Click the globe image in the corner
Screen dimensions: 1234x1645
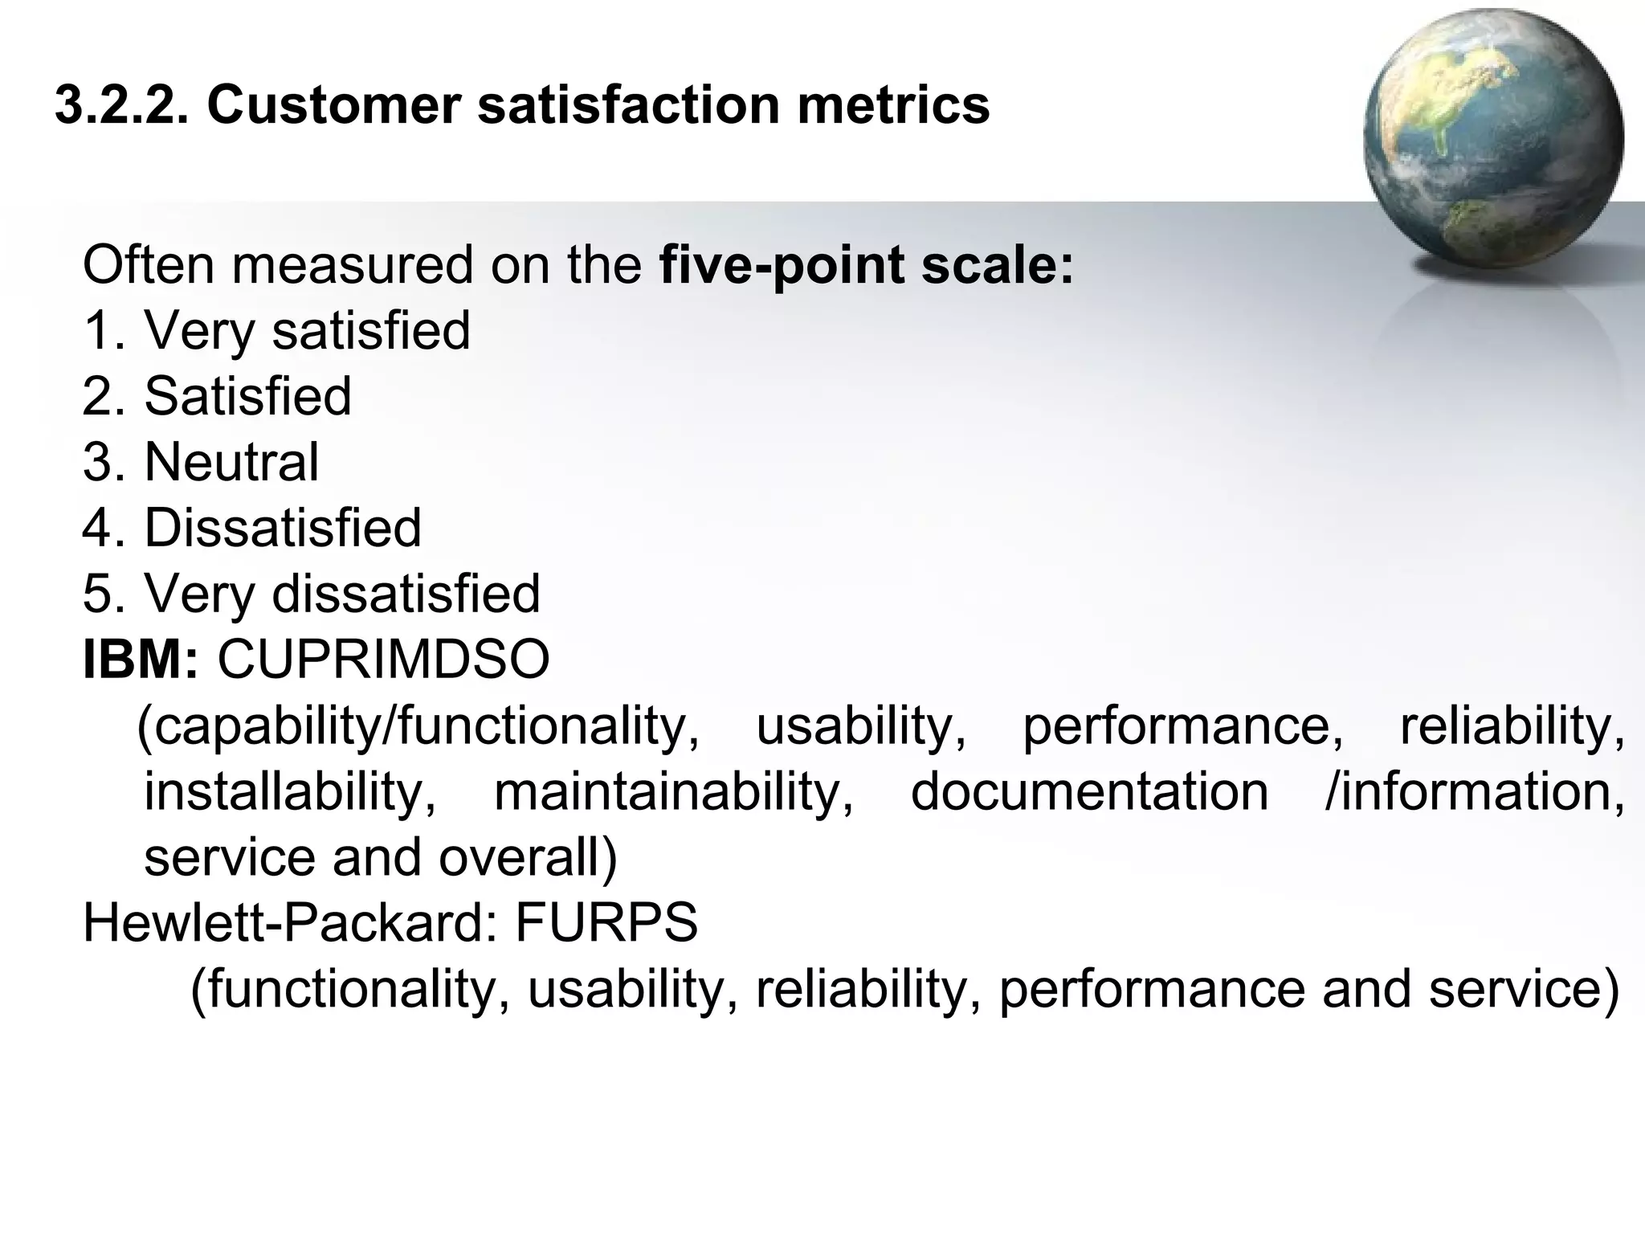click(1492, 138)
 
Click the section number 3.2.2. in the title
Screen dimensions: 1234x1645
click(122, 105)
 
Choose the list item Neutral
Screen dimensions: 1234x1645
click(231, 462)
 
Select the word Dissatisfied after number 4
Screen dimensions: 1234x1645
click(283, 528)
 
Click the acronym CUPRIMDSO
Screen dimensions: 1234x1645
click(384, 660)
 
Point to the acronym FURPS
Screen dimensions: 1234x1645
click(606, 922)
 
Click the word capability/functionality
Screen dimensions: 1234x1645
click(418, 727)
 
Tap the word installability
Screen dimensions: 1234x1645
click(290, 791)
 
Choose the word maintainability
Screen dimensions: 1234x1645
click(674, 791)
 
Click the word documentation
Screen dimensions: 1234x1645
click(1089, 791)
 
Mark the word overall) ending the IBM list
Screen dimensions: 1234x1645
click(528, 857)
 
